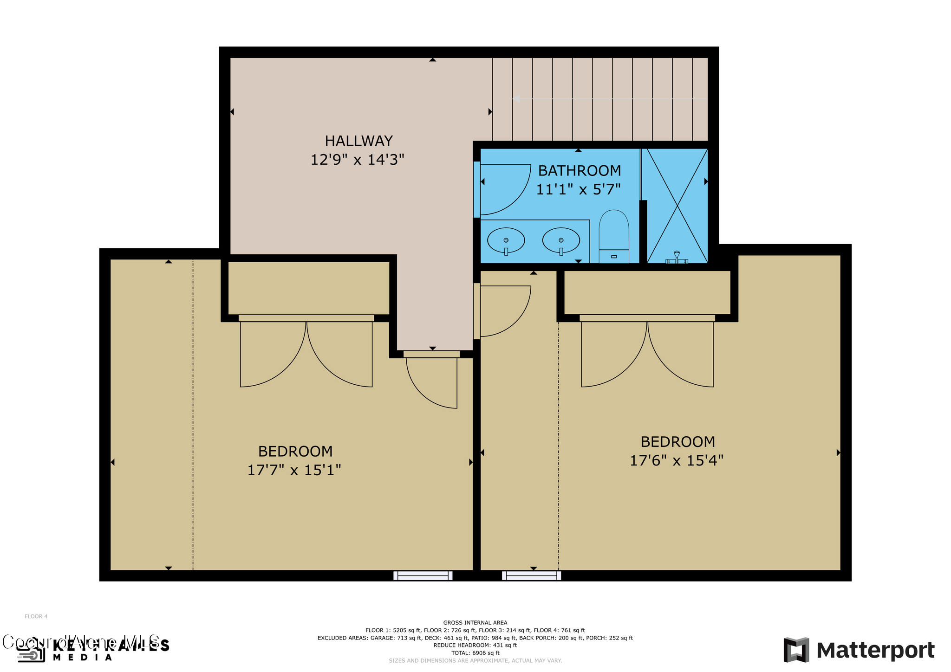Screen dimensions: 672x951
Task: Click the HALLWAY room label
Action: pos(358,141)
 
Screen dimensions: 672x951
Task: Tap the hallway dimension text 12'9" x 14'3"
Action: pos(357,160)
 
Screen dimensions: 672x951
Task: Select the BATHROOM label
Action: pos(579,171)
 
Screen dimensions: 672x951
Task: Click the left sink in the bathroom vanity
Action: pos(506,240)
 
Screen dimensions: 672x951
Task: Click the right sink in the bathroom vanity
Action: pos(561,240)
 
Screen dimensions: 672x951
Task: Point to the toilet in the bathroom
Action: pos(613,237)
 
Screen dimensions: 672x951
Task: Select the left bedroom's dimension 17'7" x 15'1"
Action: pos(294,471)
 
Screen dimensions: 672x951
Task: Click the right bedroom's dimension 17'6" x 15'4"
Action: pos(676,461)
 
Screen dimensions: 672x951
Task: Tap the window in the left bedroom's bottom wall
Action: pos(423,575)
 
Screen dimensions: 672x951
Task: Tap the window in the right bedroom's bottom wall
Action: pos(531,575)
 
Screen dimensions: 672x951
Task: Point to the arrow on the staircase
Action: pos(517,99)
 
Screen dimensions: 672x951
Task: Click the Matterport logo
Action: pos(859,650)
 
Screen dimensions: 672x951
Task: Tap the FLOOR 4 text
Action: pos(36,616)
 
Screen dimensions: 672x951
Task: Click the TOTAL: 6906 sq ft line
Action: pos(475,653)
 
